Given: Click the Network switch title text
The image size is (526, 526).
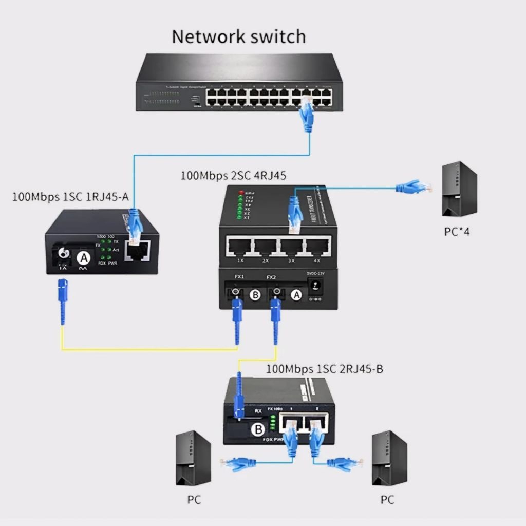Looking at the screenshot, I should (x=238, y=37).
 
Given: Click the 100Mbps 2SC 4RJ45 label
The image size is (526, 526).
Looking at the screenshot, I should (x=233, y=176).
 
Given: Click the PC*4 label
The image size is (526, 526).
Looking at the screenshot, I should (x=457, y=232).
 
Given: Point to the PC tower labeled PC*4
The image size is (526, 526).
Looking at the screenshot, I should (x=459, y=189).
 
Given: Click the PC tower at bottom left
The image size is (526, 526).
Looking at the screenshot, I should (x=193, y=458).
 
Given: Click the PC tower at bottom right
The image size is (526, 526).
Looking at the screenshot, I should (x=389, y=458).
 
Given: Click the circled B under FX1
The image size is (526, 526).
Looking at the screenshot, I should (x=255, y=295).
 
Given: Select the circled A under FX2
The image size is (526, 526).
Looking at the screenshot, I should (x=295, y=294).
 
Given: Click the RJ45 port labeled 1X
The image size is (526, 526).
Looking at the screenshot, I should (x=239, y=247).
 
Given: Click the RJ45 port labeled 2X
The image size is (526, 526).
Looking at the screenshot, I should (x=265, y=247).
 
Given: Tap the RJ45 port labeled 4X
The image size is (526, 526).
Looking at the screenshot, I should (x=318, y=247).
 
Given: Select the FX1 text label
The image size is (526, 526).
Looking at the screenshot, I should (x=239, y=277).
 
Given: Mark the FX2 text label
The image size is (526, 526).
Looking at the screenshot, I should (x=272, y=277).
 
